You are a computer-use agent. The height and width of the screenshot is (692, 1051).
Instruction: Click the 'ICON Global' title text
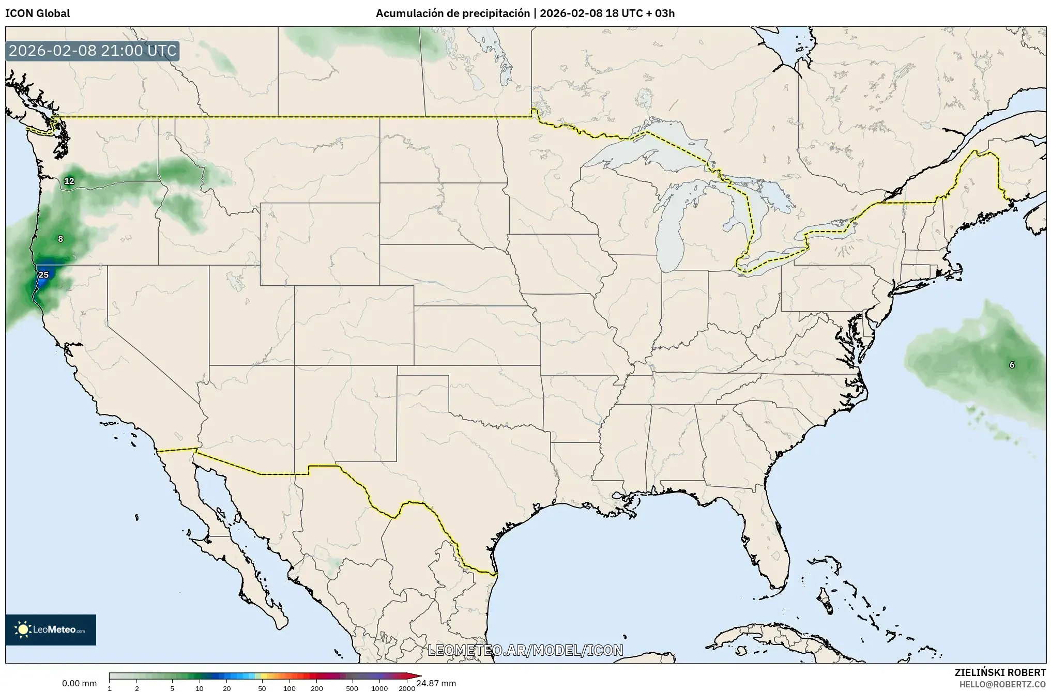pyautogui.click(x=37, y=13)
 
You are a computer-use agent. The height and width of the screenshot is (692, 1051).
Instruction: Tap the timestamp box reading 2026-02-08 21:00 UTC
pyautogui.click(x=93, y=51)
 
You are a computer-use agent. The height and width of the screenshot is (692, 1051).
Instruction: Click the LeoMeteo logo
pyautogui.click(x=51, y=629)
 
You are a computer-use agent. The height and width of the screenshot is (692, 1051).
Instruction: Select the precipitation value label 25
pyautogui.click(x=44, y=275)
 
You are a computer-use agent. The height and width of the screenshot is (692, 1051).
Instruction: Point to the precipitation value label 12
pyautogui.click(x=69, y=181)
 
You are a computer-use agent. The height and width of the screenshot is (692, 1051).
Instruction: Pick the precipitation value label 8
pyautogui.click(x=60, y=239)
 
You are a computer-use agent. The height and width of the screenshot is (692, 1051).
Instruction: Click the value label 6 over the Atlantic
pyautogui.click(x=1012, y=365)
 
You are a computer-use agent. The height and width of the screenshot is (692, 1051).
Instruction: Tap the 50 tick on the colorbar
pyautogui.click(x=262, y=688)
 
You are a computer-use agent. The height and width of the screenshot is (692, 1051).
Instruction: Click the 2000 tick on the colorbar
pyautogui.click(x=407, y=688)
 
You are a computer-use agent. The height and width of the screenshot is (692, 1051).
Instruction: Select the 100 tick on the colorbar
pyautogui.click(x=290, y=688)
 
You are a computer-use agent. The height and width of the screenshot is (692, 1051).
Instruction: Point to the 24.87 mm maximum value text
pyautogui.click(x=436, y=683)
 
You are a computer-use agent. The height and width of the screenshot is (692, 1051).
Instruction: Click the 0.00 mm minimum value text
pyautogui.click(x=79, y=683)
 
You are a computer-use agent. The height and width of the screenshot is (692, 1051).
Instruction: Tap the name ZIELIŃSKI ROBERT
pyautogui.click(x=1000, y=672)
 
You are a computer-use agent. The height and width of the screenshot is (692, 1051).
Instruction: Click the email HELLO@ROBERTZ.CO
pyautogui.click(x=1002, y=684)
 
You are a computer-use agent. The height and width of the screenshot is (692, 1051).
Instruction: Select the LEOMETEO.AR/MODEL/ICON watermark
pyautogui.click(x=525, y=650)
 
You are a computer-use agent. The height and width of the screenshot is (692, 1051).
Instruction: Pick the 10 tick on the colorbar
pyautogui.click(x=200, y=688)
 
